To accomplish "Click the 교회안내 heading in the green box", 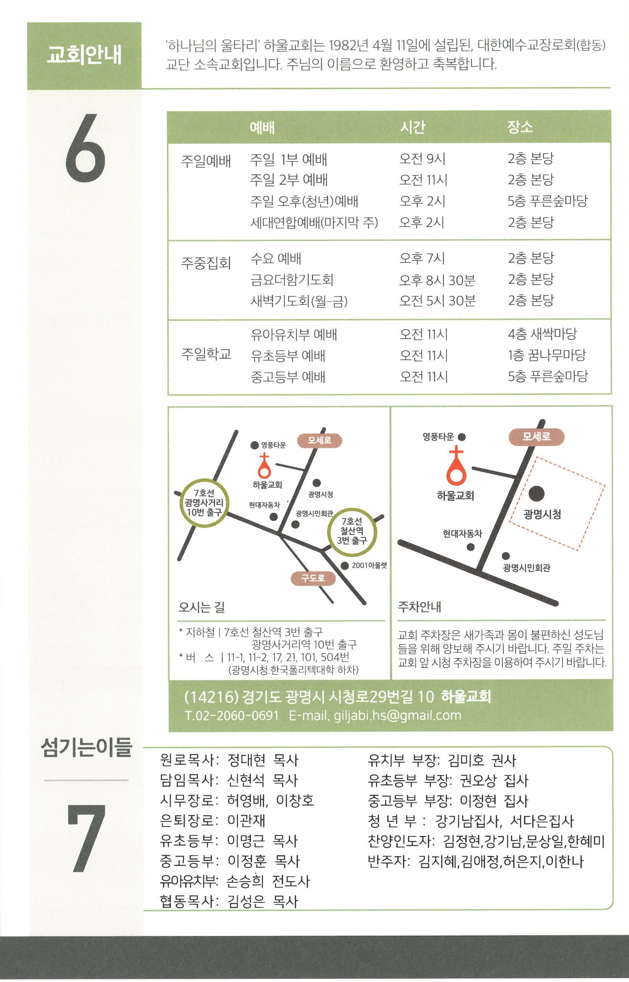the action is point(84,55).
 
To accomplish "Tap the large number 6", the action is point(85,147).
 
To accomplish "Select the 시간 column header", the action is point(413,127).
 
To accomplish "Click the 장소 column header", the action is point(520,127).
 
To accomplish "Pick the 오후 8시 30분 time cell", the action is point(437,280).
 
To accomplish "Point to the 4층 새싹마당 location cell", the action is point(542,334).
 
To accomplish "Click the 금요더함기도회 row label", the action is point(292,280).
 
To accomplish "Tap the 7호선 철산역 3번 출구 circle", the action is point(352,531).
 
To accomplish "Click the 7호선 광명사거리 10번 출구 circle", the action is point(203,503).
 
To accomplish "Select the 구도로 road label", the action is point(313,578).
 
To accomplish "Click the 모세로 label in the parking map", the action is point(537,437).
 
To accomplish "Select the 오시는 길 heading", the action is point(201,607).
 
